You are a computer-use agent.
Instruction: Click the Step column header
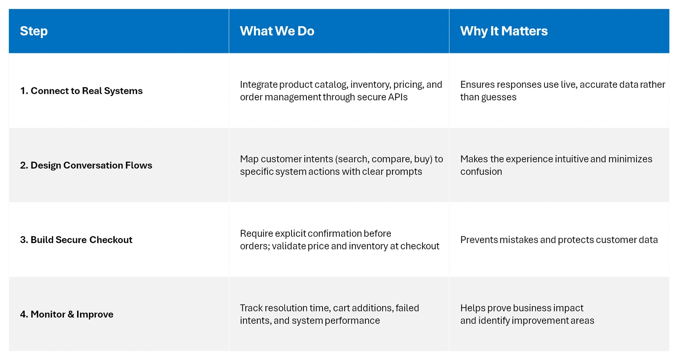(x=33, y=31)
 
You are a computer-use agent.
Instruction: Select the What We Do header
(x=277, y=31)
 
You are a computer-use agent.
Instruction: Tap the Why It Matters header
(x=504, y=31)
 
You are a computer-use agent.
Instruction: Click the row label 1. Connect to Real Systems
(x=81, y=91)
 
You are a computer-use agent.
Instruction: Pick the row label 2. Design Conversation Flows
(x=86, y=165)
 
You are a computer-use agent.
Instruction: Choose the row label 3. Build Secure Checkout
(x=76, y=240)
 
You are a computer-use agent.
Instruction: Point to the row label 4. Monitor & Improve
(x=67, y=314)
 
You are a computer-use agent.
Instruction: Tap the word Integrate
(x=258, y=85)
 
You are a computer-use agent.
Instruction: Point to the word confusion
(x=481, y=172)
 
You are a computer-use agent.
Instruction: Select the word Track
(x=251, y=308)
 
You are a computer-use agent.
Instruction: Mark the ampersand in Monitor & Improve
(x=71, y=314)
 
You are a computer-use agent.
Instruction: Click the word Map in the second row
(x=249, y=159)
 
